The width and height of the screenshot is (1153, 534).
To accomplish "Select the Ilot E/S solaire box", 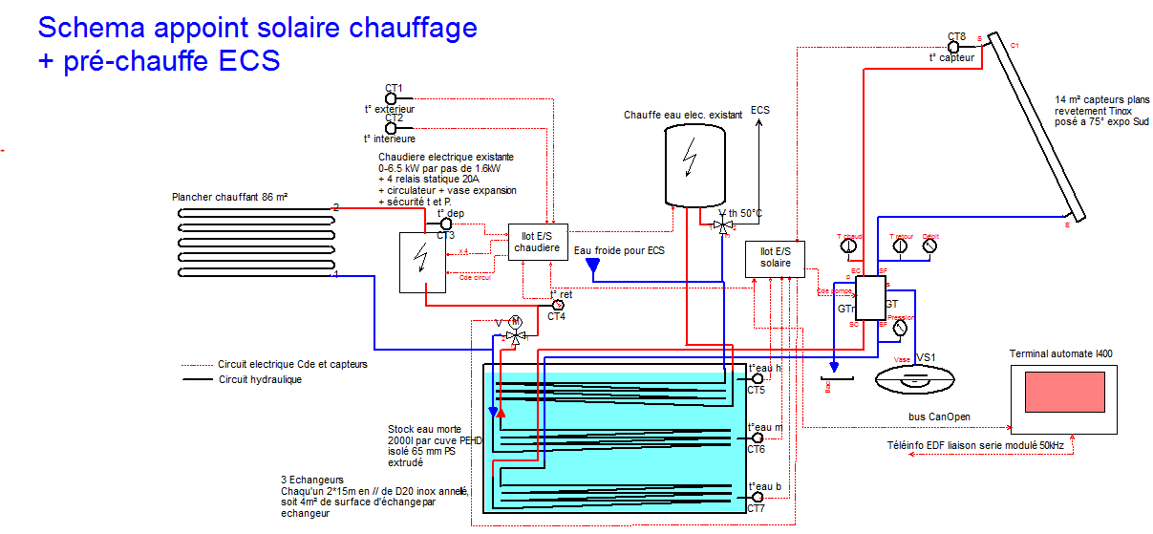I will coord(775,259).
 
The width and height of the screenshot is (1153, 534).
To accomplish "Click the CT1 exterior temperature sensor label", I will coord(394,88).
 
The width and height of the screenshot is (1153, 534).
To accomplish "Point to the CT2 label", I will coord(394,117).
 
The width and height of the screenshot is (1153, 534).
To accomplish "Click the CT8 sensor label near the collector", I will coord(956,36).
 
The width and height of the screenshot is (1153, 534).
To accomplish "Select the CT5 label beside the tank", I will coord(756,390).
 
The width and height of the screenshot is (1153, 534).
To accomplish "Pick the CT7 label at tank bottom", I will coord(756,508).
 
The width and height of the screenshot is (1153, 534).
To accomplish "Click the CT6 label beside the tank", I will coord(756,449).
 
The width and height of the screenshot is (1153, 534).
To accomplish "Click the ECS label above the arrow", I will coord(760,110).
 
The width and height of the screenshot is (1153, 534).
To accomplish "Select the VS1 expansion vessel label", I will coord(925,357).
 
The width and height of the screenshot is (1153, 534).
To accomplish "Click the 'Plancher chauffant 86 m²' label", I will coord(229,197).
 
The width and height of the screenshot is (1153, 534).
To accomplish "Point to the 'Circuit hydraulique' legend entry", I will coord(260,379).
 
